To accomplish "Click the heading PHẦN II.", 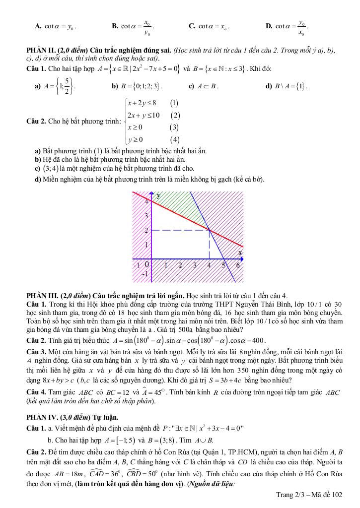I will point(41,51).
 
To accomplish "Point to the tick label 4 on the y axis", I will point(146,202).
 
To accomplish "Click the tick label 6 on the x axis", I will point(238,265).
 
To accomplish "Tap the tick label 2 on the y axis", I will point(146,231).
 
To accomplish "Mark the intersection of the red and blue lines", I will point(209,230).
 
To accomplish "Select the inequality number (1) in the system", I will point(174,103).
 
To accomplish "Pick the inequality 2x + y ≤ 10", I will point(143,116).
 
